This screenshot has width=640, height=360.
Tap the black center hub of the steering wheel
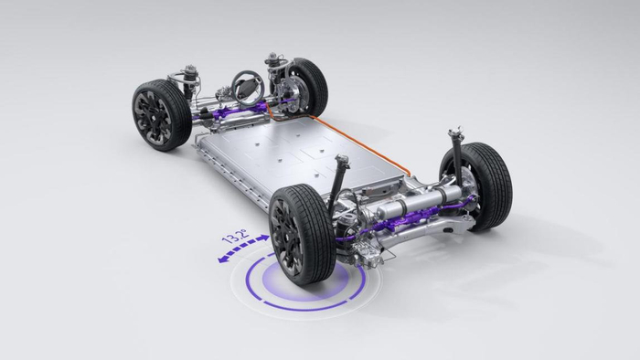[248, 86]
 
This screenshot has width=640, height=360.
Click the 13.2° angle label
[234, 237]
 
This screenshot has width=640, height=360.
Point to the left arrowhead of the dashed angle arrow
[223, 259]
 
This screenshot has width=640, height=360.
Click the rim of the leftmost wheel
[150, 117]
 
